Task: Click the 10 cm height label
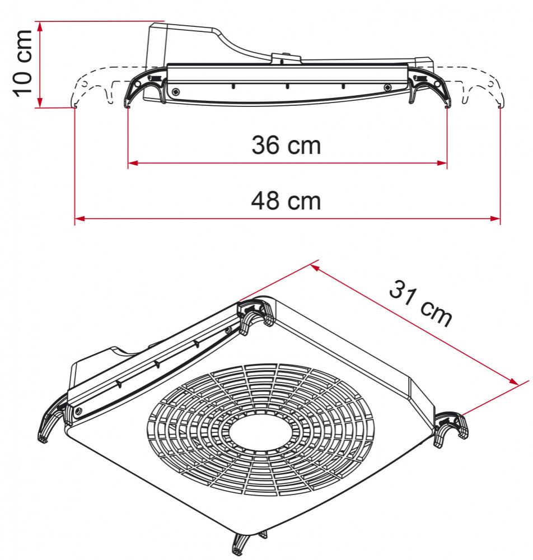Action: pos(24,64)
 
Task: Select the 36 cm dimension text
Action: pos(286,146)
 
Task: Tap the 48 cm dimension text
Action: pos(286,200)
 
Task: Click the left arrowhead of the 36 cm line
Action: pos(133,164)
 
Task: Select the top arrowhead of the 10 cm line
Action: pos(39,26)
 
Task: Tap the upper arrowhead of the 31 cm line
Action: pos(315,268)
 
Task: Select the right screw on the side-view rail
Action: pos(387,88)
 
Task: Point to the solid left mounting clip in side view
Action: pos(144,87)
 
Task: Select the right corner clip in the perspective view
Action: pos(451,428)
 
